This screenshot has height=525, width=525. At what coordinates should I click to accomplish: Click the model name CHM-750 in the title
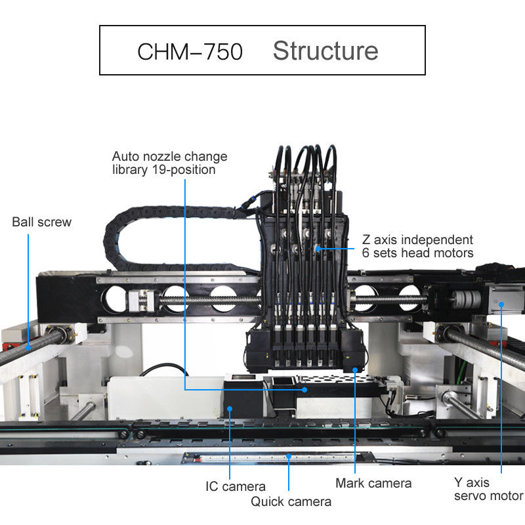(x=190, y=51)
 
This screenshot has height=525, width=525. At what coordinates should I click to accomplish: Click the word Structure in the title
(x=325, y=51)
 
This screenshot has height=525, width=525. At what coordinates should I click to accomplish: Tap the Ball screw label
(x=41, y=222)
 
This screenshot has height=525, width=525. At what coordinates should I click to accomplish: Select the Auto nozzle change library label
(x=169, y=163)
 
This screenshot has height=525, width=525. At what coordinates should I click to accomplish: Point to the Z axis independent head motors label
(x=417, y=246)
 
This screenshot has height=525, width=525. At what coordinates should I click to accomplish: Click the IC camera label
(x=236, y=486)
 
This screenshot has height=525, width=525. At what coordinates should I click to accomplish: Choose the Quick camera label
(x=291, y=501)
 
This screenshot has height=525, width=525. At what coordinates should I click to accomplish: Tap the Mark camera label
(x=373, y=483)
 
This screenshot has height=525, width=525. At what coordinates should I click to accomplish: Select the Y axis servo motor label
(x=488, y=489)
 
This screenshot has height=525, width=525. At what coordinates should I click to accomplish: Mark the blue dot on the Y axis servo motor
(x=501, y=303)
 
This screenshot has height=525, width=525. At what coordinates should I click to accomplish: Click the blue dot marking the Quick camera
(x=289, y=455)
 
